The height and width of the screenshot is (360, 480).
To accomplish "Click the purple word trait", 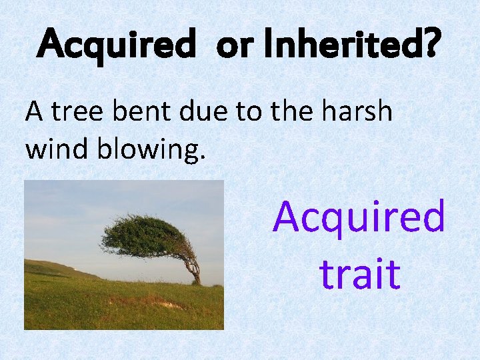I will coord(359,274).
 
